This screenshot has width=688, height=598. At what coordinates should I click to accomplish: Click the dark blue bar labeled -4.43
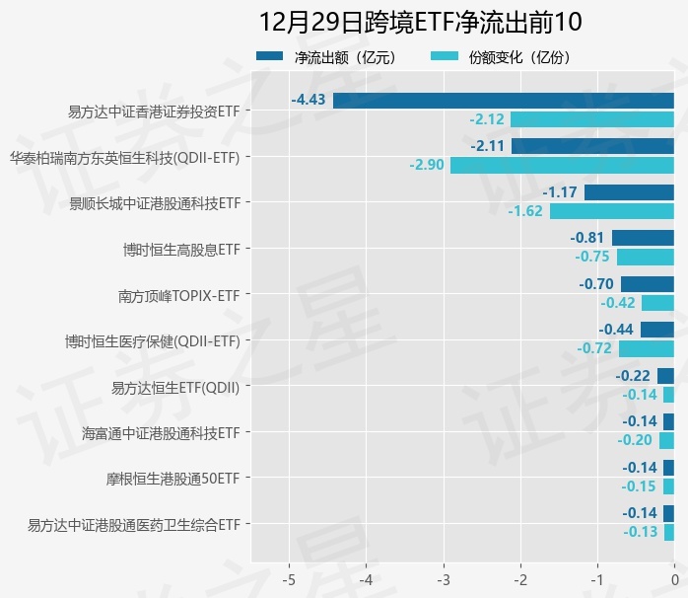click(504, 100)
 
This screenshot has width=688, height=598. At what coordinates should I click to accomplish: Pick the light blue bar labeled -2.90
click(562, 165)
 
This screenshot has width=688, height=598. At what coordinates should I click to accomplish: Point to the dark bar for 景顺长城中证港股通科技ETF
click(629, 191)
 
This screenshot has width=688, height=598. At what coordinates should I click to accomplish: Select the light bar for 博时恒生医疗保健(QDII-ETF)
click(646, 348)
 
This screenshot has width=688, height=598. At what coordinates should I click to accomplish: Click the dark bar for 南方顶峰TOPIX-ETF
click(647, 284)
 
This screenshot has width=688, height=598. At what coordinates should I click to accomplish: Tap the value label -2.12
click(487, 119)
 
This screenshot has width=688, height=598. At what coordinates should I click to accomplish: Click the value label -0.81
click(587, 238)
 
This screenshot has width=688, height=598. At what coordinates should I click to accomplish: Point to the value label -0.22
click(633, 376)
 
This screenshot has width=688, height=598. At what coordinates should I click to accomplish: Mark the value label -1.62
click(525, 211)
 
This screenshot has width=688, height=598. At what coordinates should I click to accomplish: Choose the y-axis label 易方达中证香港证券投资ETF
click(154, 112)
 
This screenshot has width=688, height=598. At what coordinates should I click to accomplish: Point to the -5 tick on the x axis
click(289, 576)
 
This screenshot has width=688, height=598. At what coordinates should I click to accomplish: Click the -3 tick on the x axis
click(443, 576)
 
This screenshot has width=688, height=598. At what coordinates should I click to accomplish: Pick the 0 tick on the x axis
click(674, 576)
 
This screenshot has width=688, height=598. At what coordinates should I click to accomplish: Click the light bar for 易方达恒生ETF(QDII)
click(668, 395)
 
